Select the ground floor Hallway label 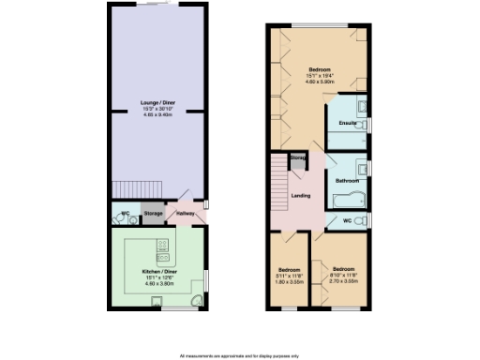click(x=185, y=214)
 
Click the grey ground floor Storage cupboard click(x=154, y=214)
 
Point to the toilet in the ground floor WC click(x=133, y=219)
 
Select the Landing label click(x=301, y=196)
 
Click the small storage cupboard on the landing click(x=298, y=161)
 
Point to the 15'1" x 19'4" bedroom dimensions click(x=321, y=76)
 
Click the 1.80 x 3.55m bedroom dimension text click(x=290, y=280)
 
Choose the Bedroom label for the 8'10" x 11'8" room click(x=343, y=267)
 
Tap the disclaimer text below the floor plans click(x=240, y=355)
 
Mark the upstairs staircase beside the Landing click(x=277, y=186)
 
